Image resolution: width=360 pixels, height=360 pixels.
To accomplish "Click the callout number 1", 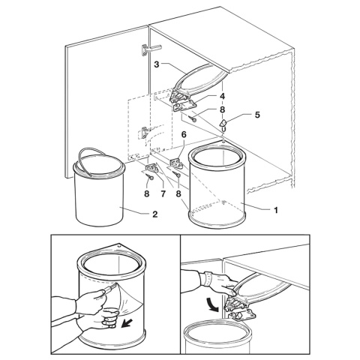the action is point(276,210).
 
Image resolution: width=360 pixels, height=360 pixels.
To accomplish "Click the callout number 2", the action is point(155,214).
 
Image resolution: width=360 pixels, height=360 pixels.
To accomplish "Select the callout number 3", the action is point(157,64).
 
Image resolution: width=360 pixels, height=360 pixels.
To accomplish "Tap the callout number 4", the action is point(222,96).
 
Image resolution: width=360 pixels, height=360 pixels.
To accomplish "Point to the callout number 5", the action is point(257,115).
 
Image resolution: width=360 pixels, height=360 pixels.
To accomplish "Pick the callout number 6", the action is point(184,135).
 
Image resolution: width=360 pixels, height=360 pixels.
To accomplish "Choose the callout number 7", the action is point(163,193).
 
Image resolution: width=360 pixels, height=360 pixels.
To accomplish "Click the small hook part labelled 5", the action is point(224,126).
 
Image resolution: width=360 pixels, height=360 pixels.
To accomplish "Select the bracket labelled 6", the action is point(177,163).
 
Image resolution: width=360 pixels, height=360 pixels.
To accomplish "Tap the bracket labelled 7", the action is point(151,167).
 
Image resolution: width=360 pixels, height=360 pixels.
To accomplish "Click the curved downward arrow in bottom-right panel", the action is point(212,304).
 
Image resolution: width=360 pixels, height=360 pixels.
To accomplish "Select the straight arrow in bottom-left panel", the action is point(127,323).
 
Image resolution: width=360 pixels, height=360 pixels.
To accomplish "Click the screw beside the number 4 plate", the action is point(192,118).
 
